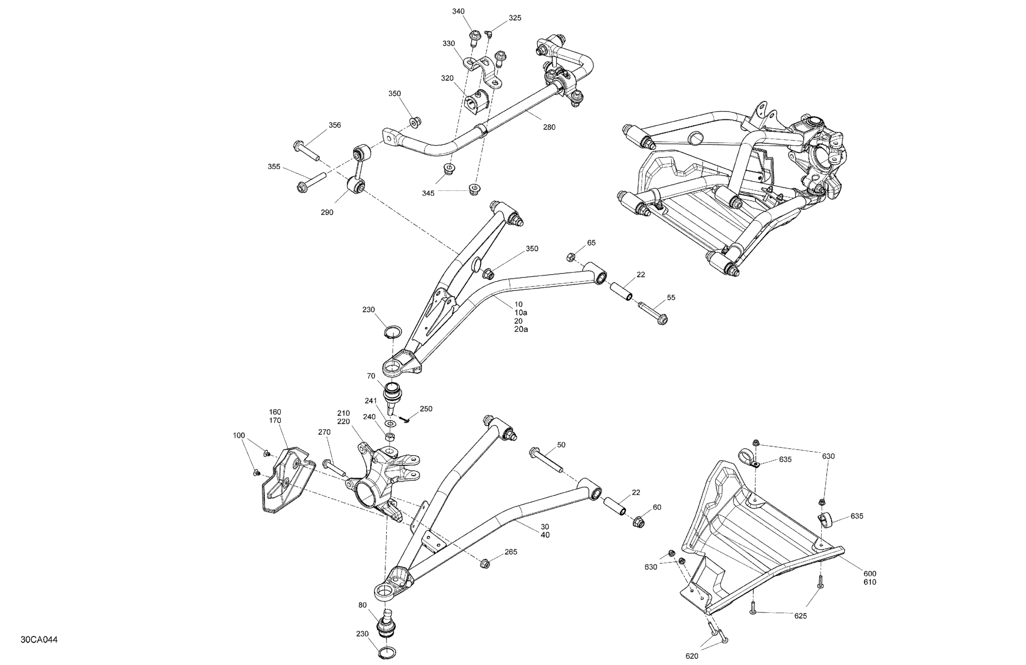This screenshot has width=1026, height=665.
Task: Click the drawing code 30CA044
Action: (x=39, y=640)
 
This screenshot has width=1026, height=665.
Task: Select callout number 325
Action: (x=515, y=18)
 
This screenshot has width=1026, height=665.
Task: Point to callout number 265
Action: (x=511, y=552)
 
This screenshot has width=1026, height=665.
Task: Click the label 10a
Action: (x=521, y=313)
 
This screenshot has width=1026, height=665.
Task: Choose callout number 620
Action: (x=691, y=656)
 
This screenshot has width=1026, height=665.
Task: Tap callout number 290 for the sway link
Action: (x=327, y=212)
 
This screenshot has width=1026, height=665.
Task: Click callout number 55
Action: (x=671, y=297)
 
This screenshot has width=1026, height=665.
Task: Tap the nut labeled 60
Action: (x=639, y=522)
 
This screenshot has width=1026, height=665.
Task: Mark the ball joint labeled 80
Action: (x=387, y=623)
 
